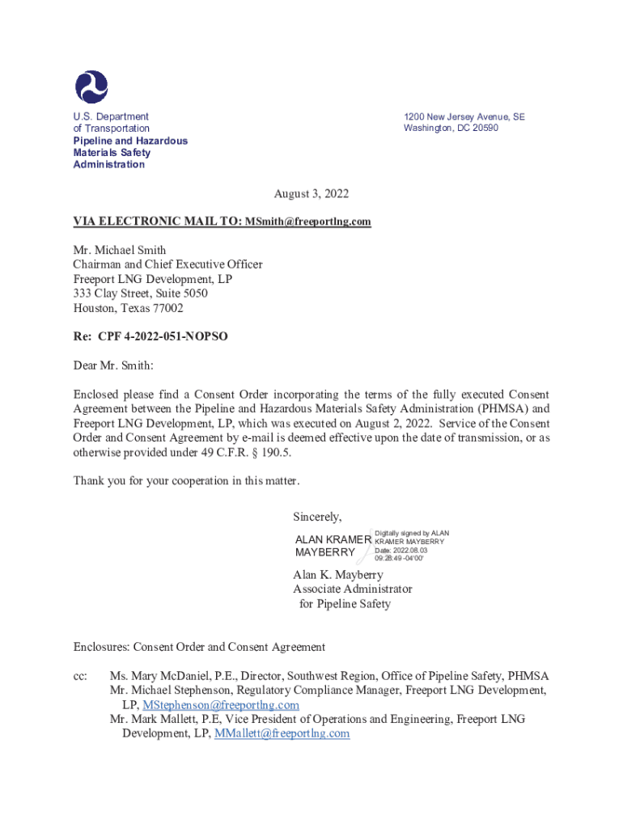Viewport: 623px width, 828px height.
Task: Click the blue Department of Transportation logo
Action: tap(91, 87)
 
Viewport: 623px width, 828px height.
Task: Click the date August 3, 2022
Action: tap(311, 194)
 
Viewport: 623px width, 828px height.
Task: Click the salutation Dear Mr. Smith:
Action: tap(113, 365)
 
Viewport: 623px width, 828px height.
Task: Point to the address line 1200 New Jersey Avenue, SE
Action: tap(464, 117)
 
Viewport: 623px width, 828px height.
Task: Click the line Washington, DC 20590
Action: tap(451, 129)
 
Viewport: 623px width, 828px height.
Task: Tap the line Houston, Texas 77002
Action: tap(128, 308)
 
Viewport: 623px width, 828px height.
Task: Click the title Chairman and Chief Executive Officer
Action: tap(167, 264)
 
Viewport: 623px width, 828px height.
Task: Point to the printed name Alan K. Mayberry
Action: tap(337, 575)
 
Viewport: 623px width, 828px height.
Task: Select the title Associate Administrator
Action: tap(352, 589)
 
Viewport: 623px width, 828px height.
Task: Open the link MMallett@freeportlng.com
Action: tap(282, 733)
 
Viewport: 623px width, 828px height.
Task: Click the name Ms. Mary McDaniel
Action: tap(155, 676)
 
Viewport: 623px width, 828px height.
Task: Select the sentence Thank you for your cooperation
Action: tap(186, 481)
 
